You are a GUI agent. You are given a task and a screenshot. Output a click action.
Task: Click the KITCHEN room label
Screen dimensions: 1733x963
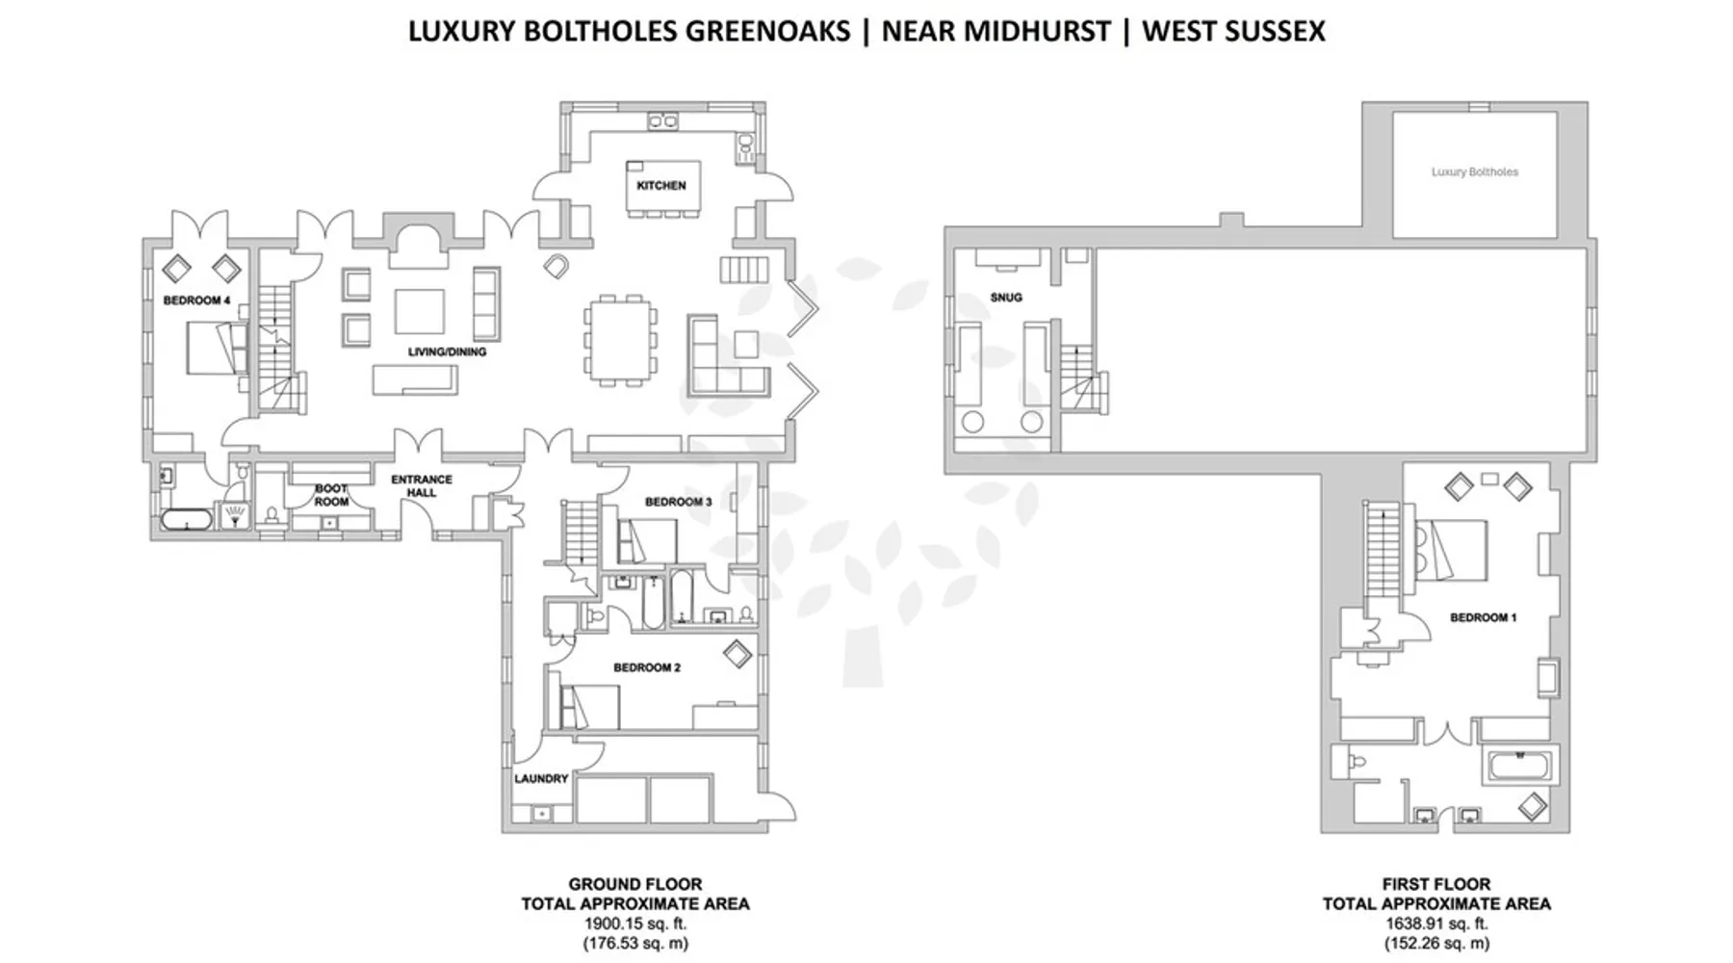coord(661,185)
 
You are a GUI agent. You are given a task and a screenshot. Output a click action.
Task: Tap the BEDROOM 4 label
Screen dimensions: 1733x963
coord(196,300)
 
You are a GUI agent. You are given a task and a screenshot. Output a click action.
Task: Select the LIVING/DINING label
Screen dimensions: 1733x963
coord(447,351)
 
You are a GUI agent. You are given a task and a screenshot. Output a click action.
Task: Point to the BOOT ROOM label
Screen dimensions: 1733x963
coord(331,495)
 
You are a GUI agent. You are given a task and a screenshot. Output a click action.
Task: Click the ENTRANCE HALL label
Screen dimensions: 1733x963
coord(422,485)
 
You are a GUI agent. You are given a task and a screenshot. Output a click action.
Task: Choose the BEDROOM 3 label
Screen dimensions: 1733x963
coord(679,502)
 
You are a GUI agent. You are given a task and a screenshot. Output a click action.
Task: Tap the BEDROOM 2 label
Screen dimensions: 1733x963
coord(647,667)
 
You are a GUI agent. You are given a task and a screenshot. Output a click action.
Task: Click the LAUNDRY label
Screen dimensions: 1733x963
coord(541,778)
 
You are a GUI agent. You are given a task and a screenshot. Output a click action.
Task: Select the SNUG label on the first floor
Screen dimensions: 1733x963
coord(1006,298)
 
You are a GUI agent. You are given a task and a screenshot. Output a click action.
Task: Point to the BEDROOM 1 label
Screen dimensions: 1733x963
coord(1484,617)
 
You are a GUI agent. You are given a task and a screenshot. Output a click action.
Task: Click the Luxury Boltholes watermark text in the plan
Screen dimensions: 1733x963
coord(1475,171)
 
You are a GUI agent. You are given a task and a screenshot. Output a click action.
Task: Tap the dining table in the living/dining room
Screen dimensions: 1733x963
coord(621,339)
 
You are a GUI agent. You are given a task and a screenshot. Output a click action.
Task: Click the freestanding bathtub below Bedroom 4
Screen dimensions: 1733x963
coord(186,520)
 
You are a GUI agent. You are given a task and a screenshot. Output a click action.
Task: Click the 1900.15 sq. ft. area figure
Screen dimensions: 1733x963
coord(635,924)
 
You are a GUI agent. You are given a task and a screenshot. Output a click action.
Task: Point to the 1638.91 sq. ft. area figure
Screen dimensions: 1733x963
coord(1436,924)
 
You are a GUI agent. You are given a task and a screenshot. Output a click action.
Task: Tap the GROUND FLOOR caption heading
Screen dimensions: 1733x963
coord(635,884)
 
